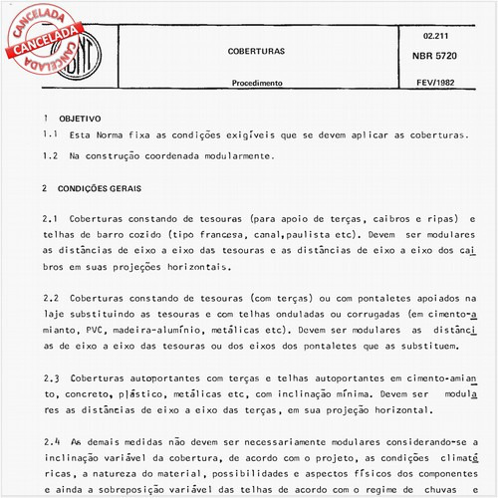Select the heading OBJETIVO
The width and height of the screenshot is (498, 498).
pos(79,117)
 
